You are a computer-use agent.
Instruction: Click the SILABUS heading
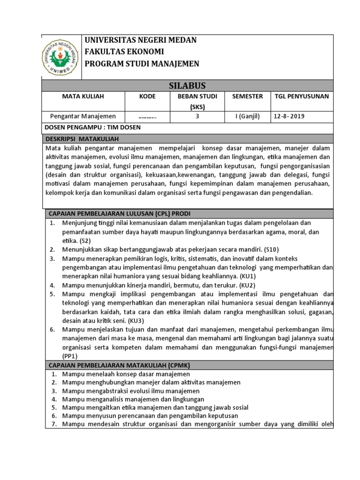tap(187, 85)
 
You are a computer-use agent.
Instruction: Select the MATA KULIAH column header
tap(83, 97)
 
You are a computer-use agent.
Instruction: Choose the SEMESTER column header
tap(247, 97)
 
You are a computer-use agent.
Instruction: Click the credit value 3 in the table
tap(197, 117)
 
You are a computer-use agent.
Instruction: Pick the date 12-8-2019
tap(290, 117)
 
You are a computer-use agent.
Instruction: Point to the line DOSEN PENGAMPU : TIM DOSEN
tap(92, 127)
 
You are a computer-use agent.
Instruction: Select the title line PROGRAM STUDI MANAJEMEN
tap(142, 64)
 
